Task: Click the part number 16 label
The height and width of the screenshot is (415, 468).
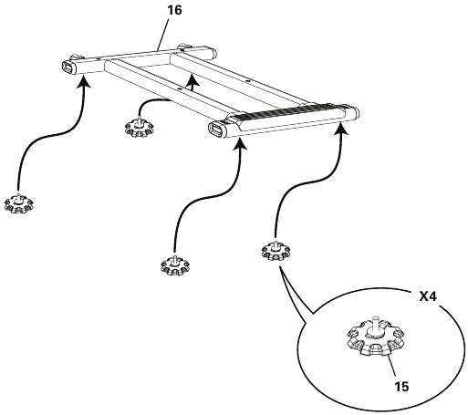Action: click(x=174, y=10)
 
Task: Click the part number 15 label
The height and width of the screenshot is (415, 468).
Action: click(x=401, y=387)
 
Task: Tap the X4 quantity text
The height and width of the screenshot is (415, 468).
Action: click(x=428, y=296)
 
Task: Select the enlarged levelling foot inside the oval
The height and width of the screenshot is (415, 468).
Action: click(x=376, y=337)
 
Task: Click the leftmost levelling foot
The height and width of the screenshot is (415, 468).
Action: click(x=19, y=203)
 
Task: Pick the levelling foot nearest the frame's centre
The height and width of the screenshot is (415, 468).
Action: click(x=140, y=127)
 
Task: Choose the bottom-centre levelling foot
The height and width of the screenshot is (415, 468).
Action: click(x=175, y=265)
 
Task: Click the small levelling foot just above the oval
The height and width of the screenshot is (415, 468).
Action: click(x=276, y=251)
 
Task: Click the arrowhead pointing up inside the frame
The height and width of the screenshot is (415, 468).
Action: click(x=192, y=79)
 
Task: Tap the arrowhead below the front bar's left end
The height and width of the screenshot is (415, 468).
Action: click(x=240, y=143)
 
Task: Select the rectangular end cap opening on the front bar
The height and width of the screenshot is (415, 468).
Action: click(x=217, y=130)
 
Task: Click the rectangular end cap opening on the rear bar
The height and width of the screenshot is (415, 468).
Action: click(x=68, y=67)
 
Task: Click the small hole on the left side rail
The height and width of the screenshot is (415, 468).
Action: click(x=181, y=88)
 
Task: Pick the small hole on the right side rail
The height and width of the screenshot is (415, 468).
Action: click(x=248, y=81)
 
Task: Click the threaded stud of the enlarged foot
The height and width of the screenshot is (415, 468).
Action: click(x=376, y=325)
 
